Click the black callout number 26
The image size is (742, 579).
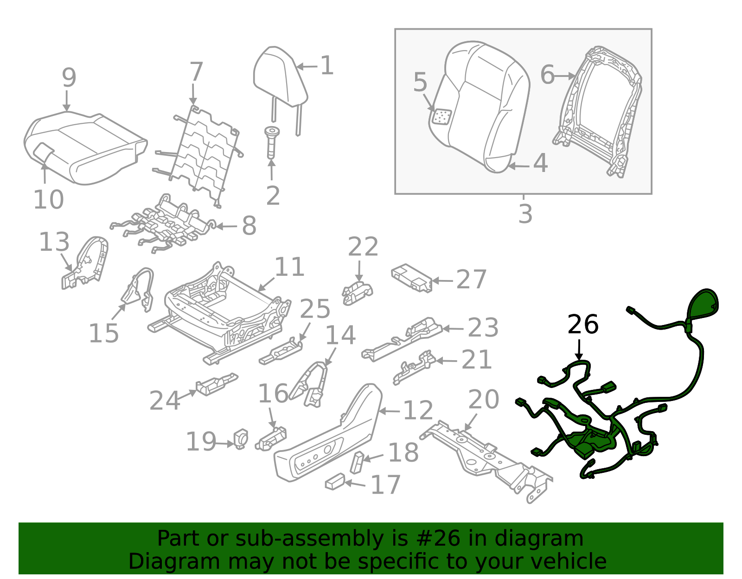click(582, 324)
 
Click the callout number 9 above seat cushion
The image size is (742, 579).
click(69, 77)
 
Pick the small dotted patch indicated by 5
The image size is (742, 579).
click(441, 116)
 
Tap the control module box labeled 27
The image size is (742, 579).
click(412, 278)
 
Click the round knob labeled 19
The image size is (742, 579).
click(242, 438)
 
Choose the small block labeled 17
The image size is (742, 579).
click(334, 482)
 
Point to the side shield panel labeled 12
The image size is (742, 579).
click(329, 440)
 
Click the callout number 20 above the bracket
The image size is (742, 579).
click(483, 399)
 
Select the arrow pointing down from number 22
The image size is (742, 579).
click(359, 271)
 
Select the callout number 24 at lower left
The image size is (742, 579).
click(164, 401)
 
